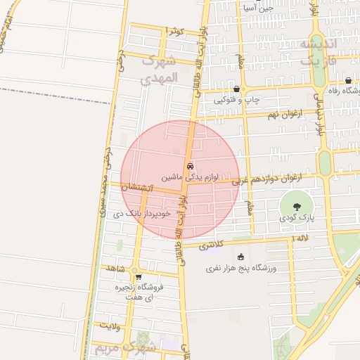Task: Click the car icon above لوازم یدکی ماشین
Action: (190, 167)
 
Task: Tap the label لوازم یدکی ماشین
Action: (191, 178)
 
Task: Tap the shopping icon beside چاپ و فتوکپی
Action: (236, 89)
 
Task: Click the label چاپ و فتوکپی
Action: (238, 101)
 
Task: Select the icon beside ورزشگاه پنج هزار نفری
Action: (241, 257)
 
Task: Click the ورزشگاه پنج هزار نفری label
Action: (242, 268)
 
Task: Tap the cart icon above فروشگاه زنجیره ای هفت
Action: (139, 277)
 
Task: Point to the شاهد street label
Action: (115, 269)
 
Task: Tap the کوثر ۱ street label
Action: (174, 31)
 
